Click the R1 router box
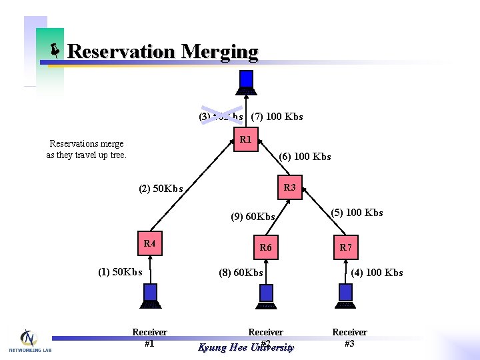click(x=245, y=140)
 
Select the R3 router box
click(x=289, y=188)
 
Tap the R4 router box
click(x=149, y=244)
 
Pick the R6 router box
click(x=266, y=248)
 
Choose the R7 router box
click(x=345, y=248)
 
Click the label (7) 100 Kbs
click(x=277, y=117)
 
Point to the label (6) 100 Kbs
click(x=305, y=157)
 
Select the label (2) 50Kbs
click(x=161, y=189)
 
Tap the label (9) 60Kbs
click(x=253, y=217)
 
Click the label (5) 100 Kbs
click(x=357, y=213)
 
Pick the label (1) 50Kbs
click(x=120, y=272)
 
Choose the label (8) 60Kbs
click(x=241, y=273)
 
